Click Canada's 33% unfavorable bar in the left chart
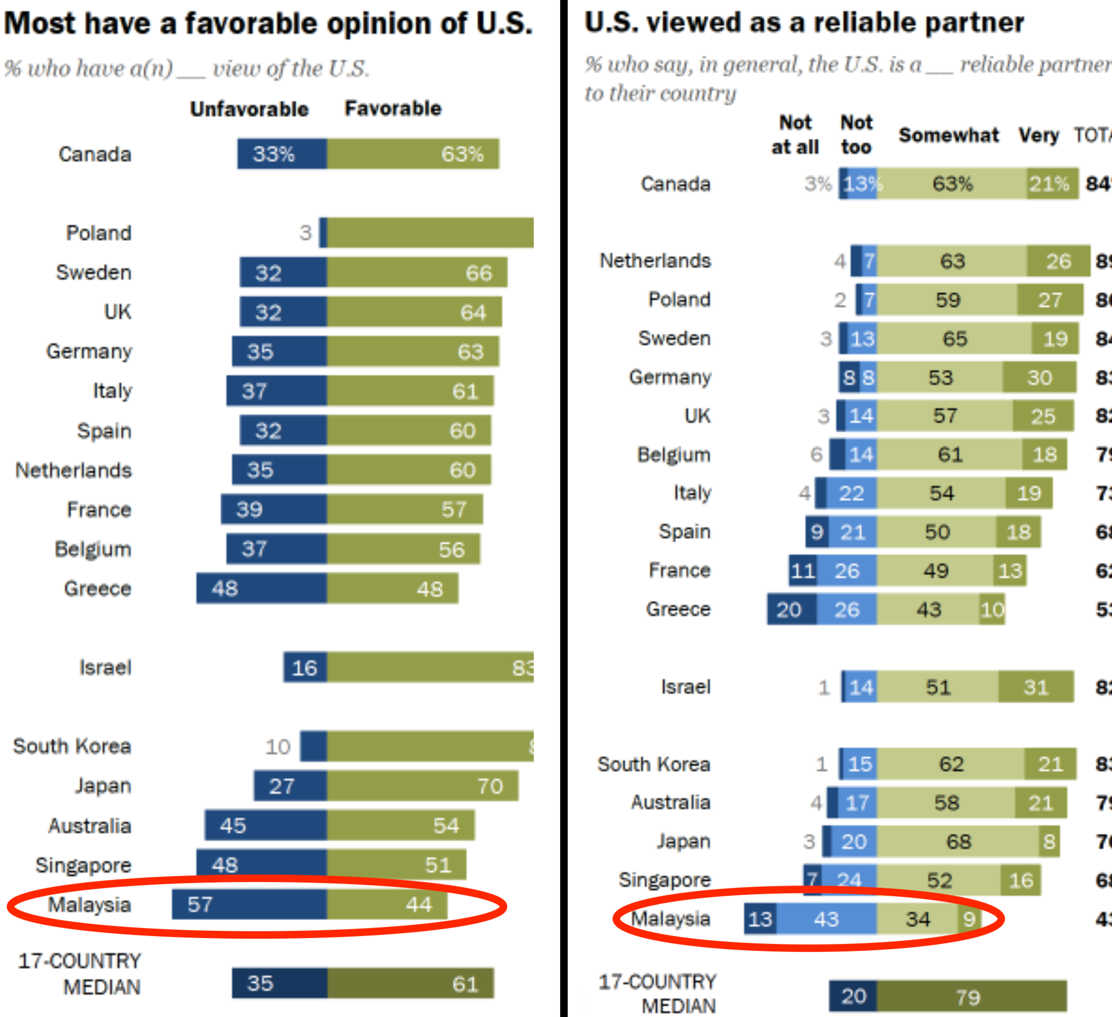[282, 154]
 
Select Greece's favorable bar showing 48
[392, 588]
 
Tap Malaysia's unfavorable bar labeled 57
[249, 904]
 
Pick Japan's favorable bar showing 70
[423, 785]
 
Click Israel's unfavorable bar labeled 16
[305, 668]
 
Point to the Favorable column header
[393, 108]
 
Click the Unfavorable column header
[249, 109]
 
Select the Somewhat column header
[949, 135]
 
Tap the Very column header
[1038, 135]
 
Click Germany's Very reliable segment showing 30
[1039, 378]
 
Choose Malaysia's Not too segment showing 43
[826, 919]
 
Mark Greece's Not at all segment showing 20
[791, 609]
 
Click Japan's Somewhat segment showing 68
[958, 842]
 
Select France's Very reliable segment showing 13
[1009, 570]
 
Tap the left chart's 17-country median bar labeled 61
[410, 983]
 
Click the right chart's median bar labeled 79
[971, 996]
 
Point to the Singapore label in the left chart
[83, 864]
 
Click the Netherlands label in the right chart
[656, 261]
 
